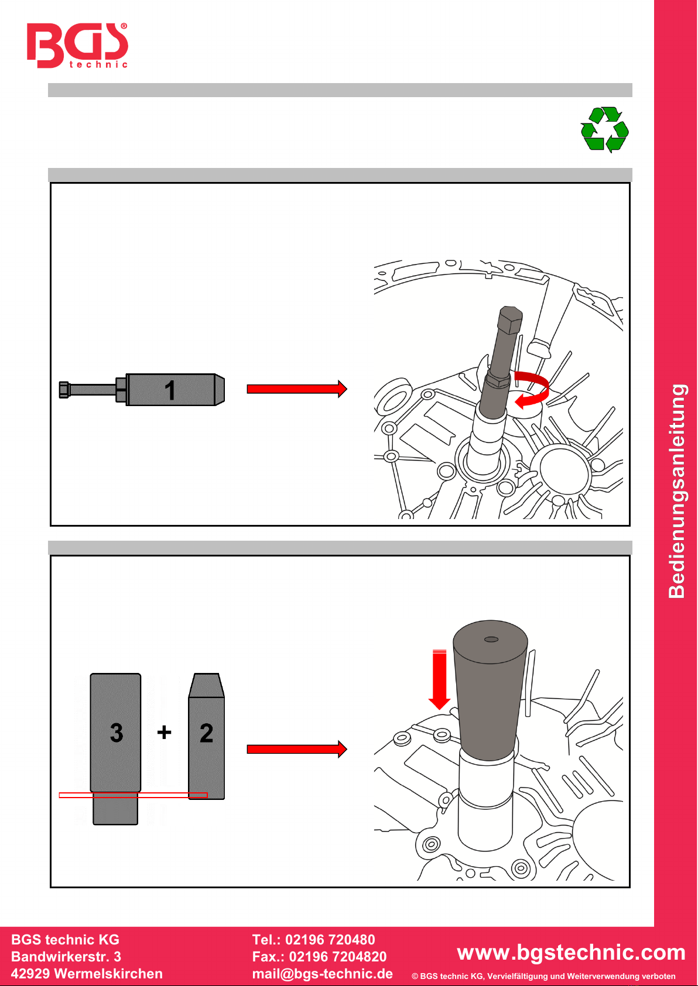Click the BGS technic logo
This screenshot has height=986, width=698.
pos(77,46)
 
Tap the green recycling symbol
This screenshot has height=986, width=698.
pos(604,129)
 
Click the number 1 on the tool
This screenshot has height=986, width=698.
pos(170,390)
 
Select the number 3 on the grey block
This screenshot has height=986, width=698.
pos(117,733)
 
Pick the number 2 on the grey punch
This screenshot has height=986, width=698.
pos(206,733)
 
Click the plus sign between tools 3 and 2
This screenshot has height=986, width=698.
pos(165,732)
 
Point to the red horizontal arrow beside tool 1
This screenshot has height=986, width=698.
pos(296,389)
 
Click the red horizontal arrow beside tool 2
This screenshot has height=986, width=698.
pos(296,749)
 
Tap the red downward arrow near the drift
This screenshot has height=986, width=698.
pos(439,679)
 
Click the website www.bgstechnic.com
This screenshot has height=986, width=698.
pos(571,952)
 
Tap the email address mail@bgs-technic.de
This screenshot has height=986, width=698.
pos(322,974)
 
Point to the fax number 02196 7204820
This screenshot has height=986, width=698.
pos(338,957)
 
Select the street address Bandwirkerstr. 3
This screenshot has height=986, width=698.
pos(66,957)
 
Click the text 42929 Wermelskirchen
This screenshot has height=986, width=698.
pos(87,974)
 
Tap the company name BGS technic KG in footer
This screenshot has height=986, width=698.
pos(65,940)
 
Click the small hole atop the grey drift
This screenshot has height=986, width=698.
pos(491,639)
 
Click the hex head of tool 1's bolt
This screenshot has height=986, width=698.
pos(64,390)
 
